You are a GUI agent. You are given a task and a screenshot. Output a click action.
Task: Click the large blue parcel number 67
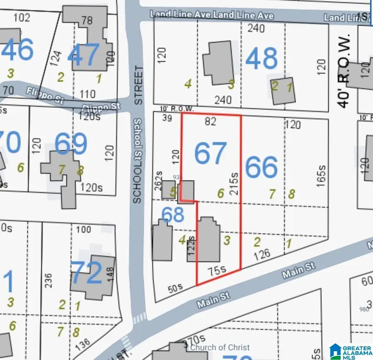(x=211, y=153)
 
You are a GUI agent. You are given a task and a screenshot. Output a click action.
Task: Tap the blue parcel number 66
(x=261, y=168)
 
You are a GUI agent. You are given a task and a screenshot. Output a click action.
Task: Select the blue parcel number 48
(x=261, y=59)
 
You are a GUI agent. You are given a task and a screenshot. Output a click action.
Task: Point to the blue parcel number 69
(x=70, y=144)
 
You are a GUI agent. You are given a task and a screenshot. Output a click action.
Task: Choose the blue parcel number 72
(x=86, y=272)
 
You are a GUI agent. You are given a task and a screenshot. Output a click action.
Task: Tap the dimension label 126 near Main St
(x=261, y=253)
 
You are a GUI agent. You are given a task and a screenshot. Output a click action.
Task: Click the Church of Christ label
(x=219, y=348)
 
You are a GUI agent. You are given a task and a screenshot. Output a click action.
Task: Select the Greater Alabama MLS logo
(x=350, y=351)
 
